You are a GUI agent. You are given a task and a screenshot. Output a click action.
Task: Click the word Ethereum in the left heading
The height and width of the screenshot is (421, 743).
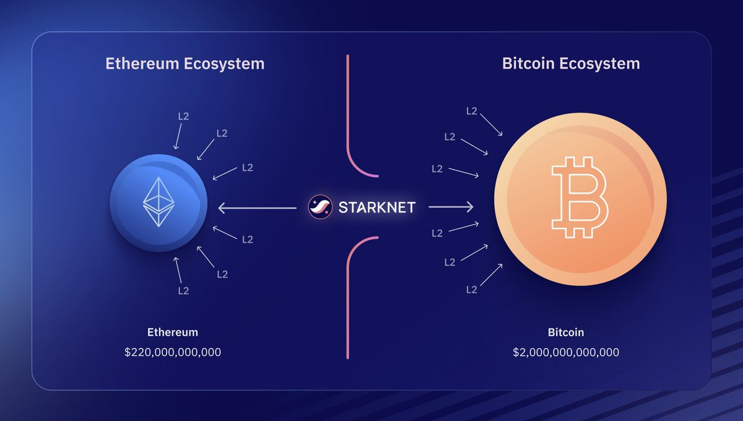pos(142,64)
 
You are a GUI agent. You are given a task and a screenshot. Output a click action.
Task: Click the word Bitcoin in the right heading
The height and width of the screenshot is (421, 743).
pos(528,63)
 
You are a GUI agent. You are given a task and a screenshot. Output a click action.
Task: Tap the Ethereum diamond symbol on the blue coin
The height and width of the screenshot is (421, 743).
pos(159,202)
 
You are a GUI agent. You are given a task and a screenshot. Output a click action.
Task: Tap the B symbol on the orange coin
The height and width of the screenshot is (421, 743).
pos(580,197)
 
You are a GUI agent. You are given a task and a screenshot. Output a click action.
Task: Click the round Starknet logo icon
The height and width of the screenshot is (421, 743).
pos(320,207)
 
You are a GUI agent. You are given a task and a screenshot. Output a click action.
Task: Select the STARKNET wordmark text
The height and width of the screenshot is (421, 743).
pos(377,207)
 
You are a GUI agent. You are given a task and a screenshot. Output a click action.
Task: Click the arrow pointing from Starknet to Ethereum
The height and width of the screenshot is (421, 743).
pos(258,208)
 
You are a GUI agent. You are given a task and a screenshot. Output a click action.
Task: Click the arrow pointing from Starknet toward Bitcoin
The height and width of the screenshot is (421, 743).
pos(451,207)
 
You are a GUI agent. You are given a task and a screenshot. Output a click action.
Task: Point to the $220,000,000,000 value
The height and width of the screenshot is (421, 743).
pos(173,352)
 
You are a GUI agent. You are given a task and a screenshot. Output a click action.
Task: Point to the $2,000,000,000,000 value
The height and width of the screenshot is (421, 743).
pos(566,352)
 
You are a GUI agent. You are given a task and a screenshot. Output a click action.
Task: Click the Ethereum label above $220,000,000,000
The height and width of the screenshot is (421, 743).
pos(173,332)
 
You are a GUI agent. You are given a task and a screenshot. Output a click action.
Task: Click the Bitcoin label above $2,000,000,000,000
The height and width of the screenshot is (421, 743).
pos(566,332)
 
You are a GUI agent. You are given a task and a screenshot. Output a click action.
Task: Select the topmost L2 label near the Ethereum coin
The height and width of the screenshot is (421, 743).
pos(183,116)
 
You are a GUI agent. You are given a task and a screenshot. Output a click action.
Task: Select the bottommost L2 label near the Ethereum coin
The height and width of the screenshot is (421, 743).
pos(183,290)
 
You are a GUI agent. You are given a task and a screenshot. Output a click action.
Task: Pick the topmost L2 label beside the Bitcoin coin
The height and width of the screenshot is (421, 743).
pos(472,111)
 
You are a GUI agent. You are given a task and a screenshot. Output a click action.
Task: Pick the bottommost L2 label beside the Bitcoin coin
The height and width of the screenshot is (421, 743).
pos(472,290)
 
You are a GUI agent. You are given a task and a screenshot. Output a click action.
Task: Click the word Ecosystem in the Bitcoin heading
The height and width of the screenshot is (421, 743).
pos(600,64)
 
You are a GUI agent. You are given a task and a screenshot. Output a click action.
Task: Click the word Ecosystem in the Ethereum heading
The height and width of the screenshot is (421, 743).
pos(224,64)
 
